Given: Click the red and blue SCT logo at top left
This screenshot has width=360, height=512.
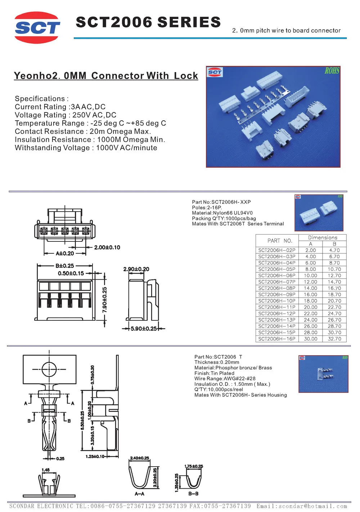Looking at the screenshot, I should [37, 28].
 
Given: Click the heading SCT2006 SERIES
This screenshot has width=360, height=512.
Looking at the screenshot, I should [148, 22].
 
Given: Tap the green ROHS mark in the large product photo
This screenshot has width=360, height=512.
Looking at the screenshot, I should [332, 71].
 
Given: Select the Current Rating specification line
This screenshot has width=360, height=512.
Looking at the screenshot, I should [60, 107].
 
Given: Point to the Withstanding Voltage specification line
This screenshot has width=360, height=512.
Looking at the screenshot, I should [86, 148].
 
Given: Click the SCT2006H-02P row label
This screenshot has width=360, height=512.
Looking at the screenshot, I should [276, 250].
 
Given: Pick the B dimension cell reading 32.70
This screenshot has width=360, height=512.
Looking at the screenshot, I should [334, 339].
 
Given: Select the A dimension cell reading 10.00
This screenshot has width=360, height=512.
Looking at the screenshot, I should [310, 276].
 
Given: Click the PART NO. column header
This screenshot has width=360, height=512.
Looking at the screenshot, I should [279, 241].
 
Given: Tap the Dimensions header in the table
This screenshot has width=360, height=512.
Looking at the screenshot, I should [323, 238].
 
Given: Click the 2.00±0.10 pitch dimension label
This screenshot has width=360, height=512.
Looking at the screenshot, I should [107, 248].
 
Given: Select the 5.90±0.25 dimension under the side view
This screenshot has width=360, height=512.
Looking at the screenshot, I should [144, 329].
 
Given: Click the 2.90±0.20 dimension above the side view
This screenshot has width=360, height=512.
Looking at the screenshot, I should [136, 269].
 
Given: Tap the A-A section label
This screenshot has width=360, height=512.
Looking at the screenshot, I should [139, 494].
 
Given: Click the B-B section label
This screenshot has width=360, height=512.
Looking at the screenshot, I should [193, 494].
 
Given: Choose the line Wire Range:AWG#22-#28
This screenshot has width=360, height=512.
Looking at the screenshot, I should [225, 379].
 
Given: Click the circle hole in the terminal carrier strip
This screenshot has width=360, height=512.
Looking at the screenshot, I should [49, 369].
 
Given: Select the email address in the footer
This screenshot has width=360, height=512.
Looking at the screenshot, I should [302, 506].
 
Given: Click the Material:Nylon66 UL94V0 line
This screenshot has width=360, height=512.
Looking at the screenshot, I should [222, 213].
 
